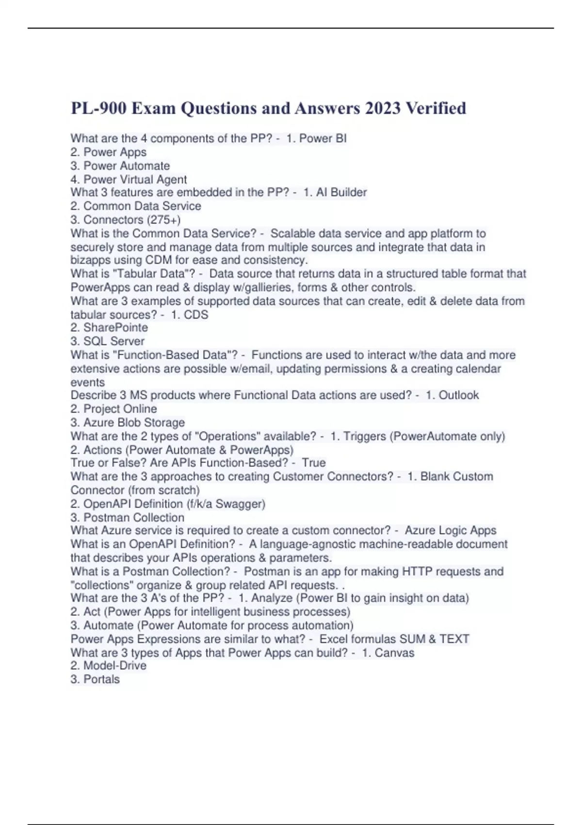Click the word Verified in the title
point(435,108)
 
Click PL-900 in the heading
point(99,108)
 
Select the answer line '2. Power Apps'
point(108,152)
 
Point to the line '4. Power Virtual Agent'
point(129,180)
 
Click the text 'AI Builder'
point(341,193)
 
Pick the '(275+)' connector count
point(165,220)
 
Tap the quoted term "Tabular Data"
point(154,274)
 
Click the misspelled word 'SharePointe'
point(115,328)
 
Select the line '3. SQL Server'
point(107,341)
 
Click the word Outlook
point(458,396)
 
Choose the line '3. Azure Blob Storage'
point(128,423)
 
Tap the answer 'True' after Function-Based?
point(313,463)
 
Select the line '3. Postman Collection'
point(127,518)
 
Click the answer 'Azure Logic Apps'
point(451,530)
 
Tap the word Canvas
point(394,653)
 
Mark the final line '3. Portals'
point(95,679)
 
